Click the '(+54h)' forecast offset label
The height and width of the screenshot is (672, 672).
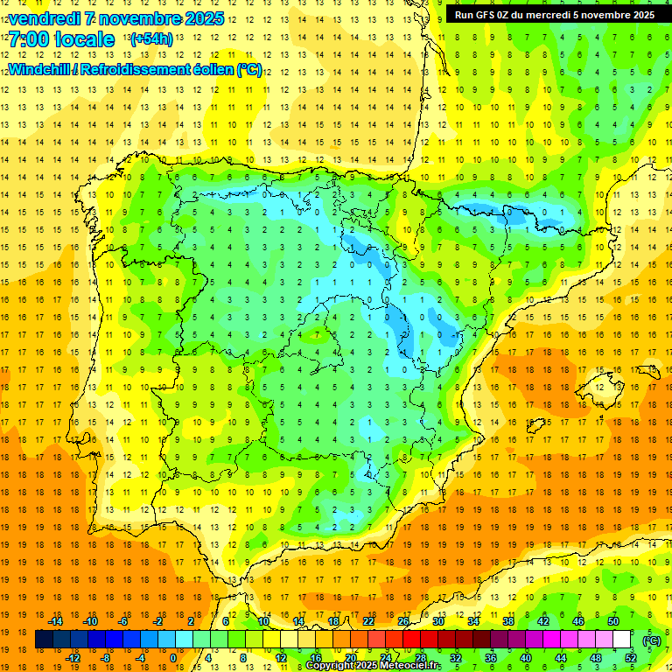point(150,39)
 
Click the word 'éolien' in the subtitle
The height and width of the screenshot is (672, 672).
point(209,69)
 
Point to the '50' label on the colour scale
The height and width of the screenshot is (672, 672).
point(613,621)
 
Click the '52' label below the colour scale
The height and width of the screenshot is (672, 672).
point(631,658)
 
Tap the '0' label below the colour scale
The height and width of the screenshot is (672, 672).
point(173,658)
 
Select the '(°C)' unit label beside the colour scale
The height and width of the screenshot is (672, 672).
point(652,640)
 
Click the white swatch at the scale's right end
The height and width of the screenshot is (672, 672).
point(622,640)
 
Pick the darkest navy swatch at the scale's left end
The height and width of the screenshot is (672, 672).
point(44,640)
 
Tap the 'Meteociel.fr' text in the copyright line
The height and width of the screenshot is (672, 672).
point(412,666)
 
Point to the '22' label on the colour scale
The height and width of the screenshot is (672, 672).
point(368,621)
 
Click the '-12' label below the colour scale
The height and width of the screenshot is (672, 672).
point(73,658)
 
